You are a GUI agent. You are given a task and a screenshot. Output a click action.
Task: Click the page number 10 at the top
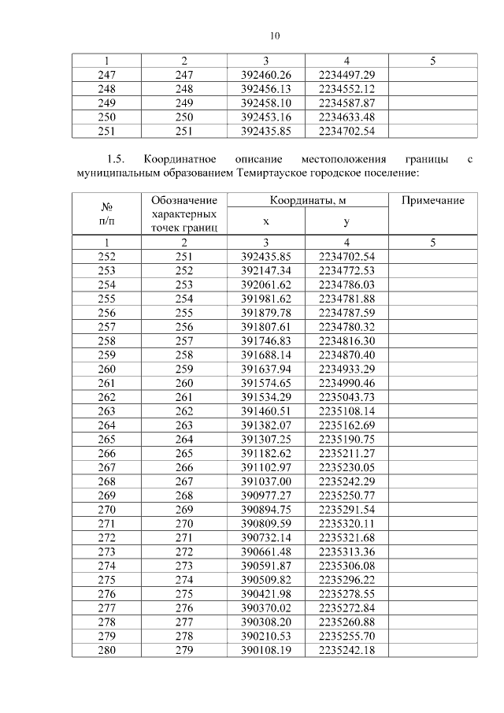pyautogui.click(x=274, y=35)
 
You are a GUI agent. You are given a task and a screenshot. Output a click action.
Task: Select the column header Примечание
pyautogui.click(x=432, y=201)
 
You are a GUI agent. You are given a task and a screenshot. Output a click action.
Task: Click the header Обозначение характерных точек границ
pyautogui.click(x=184, y=214)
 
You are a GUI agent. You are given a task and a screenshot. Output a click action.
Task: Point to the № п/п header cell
pyautogui.click(x=106, y=214)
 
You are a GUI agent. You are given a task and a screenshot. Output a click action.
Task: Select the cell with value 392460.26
pyautogui.click(x=265, y=74)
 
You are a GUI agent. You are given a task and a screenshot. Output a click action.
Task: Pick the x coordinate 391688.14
pyautogui.click(x=265, y=355)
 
